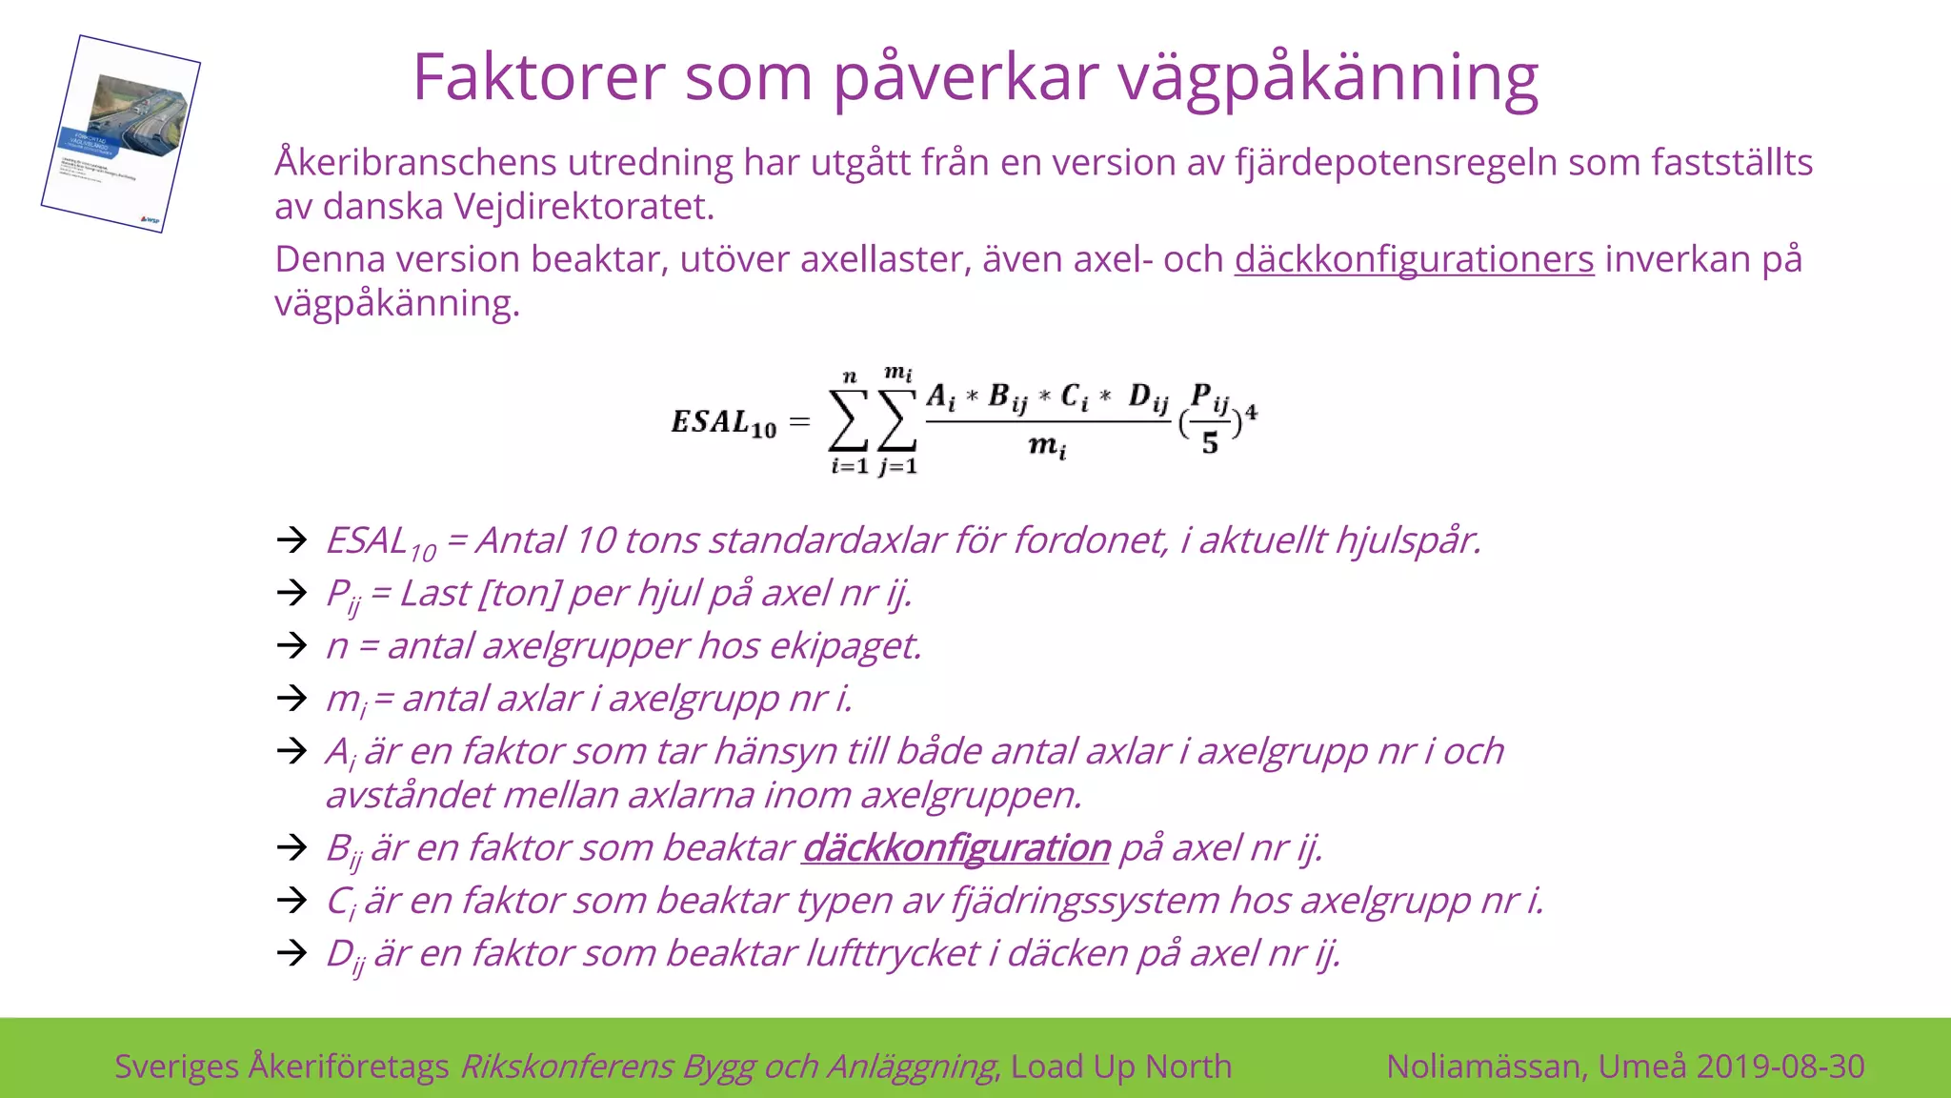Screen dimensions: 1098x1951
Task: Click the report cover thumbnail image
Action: pos(121,133)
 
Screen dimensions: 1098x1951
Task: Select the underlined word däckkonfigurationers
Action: pos(1414,259)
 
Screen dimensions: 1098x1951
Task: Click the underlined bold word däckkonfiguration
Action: pos(956,847)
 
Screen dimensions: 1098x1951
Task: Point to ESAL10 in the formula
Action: pos(724,422)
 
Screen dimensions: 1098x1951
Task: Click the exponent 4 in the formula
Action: pos(1251,412)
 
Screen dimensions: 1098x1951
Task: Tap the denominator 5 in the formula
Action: pos(1210,443)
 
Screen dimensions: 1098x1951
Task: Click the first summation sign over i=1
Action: pos(848,420)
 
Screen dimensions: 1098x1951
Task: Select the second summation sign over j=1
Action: pos(897,420)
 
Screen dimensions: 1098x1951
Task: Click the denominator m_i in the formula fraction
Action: pos(1047,446)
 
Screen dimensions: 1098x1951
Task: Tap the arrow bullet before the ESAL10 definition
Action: pos(292,540)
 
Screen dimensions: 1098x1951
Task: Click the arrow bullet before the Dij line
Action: pos(292,952)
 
